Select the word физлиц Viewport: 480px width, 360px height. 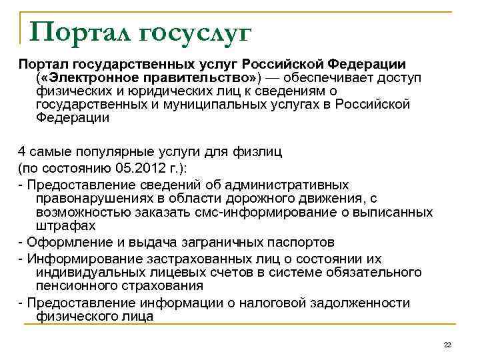257,151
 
